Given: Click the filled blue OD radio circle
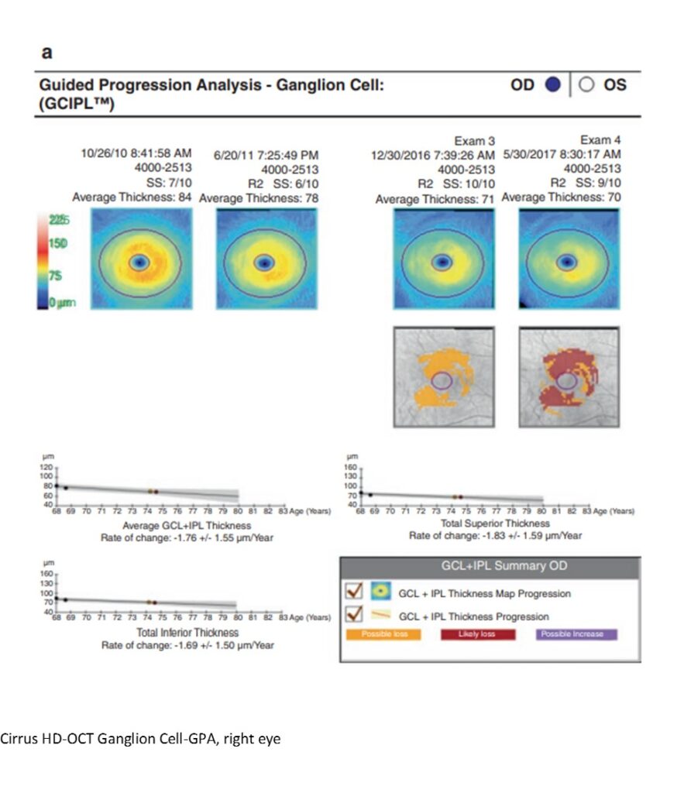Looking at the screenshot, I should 552,86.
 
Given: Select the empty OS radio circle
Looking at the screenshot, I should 586,86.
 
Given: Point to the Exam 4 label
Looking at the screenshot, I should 601,140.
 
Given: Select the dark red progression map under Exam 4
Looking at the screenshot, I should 569,377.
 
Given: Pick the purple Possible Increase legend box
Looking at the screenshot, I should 576,634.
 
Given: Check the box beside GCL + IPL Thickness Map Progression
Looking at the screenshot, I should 354,593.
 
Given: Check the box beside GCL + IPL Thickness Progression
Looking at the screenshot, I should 354,616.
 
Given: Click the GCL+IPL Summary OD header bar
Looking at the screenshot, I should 490,566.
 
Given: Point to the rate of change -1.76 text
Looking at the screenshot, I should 187,536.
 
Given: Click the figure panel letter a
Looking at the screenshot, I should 46,53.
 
